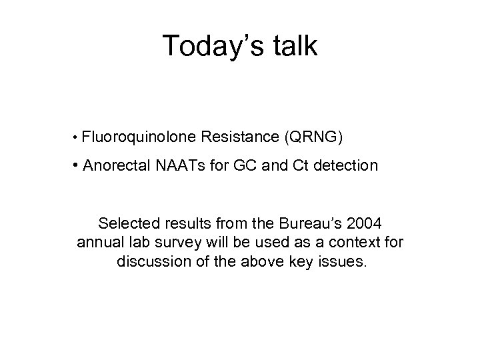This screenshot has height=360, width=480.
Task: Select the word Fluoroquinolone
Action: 139,137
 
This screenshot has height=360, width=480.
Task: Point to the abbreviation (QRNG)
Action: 313,137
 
